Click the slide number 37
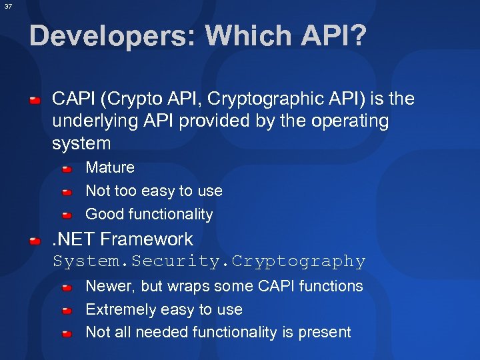[7, 7]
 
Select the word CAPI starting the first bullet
[73, 99]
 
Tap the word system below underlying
[81, 143]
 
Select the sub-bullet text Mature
[110, 167]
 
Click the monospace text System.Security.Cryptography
[209, 261]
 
